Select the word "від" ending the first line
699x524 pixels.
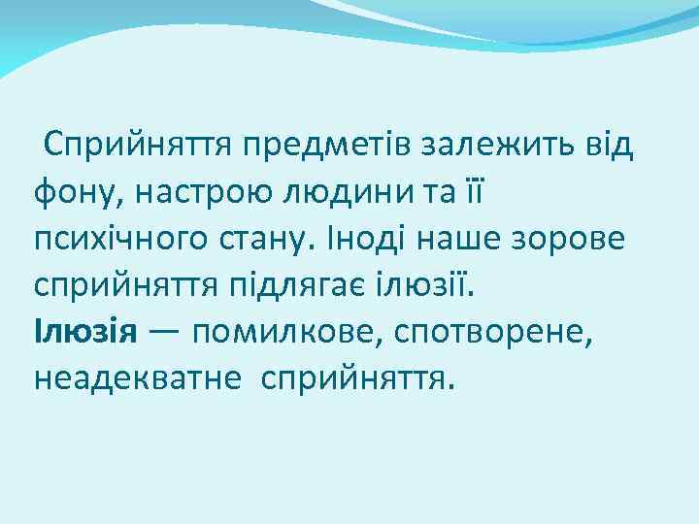[x=610, y=147]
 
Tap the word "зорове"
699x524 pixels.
[x=579, y=239]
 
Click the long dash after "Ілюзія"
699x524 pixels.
[x=162, y=331]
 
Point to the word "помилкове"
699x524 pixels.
[x=283, y=331]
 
